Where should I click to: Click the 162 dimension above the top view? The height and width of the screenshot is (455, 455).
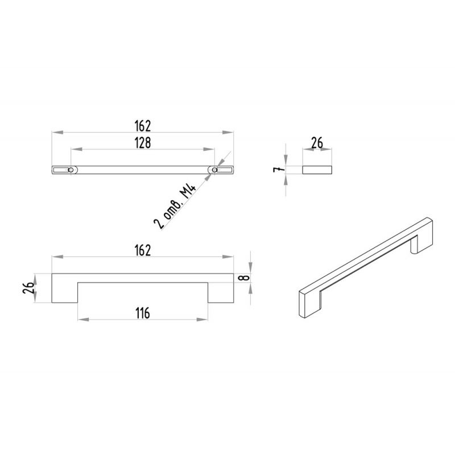[x=143, y=126]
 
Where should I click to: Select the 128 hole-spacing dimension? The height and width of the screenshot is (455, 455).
[x=143, y=143]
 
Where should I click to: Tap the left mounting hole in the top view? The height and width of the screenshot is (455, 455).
[x=71, y=169]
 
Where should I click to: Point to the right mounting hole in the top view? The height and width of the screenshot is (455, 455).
[x=214, y=169]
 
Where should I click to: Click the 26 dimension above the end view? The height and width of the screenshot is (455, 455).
[x=317, y=143]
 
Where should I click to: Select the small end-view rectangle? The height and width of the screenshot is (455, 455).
[x=317, y=170]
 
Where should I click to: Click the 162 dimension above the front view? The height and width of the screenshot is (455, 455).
[x=143, y=251]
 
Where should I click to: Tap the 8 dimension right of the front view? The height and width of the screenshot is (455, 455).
[x=244, y=278]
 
